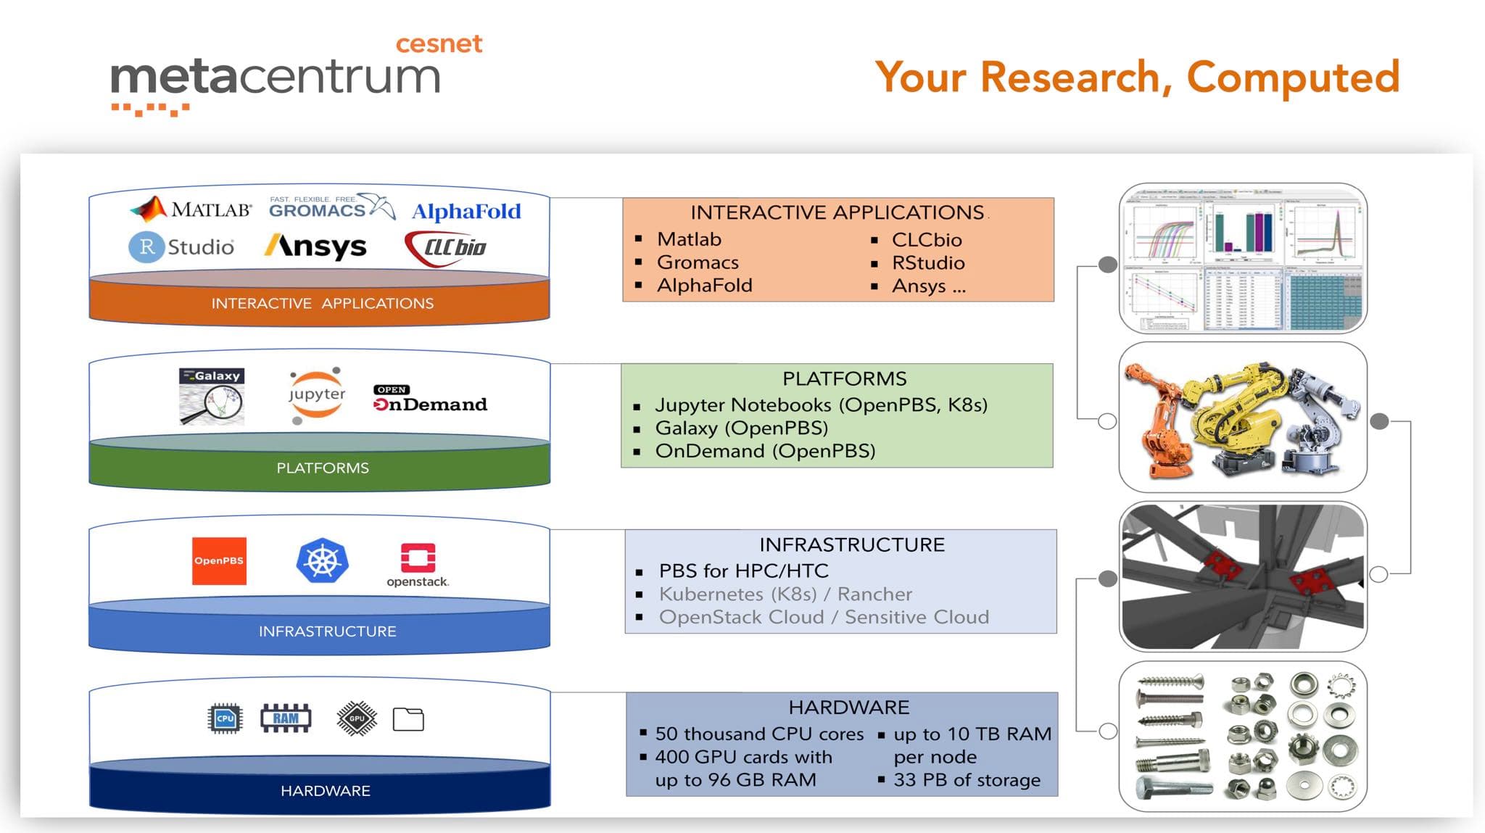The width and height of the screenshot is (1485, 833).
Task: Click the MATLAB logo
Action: (x=191, y=209)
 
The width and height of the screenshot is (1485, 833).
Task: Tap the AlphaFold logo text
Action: (x=466, y=211)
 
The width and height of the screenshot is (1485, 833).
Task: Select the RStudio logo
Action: (x=182, y=246)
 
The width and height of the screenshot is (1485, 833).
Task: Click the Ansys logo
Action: (x=315, y=246)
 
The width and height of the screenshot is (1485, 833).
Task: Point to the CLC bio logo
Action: (x=446, y=247)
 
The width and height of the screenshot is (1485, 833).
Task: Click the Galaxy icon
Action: (x=212, y=396)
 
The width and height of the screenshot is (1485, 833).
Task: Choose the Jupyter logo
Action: (x=316, y=395)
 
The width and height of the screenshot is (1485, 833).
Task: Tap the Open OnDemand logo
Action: (x=430, y=399)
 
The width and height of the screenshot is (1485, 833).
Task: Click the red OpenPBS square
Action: (x=219, y=560)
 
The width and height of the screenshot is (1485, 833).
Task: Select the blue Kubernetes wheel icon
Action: (x=323, y=560)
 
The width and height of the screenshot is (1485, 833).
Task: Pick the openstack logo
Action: (x=418, y=564)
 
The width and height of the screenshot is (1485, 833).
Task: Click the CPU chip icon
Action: (x=225, y=718)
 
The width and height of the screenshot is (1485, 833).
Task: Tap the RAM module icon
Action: (x=286, y=718)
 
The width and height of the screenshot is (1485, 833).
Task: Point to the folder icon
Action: (x=408, y=719)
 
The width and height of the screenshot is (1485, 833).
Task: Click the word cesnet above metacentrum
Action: (x=439, y=43)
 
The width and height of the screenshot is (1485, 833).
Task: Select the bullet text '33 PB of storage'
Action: (x=967, y=780)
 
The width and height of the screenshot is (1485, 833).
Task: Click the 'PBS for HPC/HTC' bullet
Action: (x=743, y=571)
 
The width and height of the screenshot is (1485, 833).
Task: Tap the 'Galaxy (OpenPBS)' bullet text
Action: (x=741, y=428)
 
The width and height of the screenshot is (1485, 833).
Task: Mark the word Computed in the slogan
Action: (x=1293, y=77)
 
